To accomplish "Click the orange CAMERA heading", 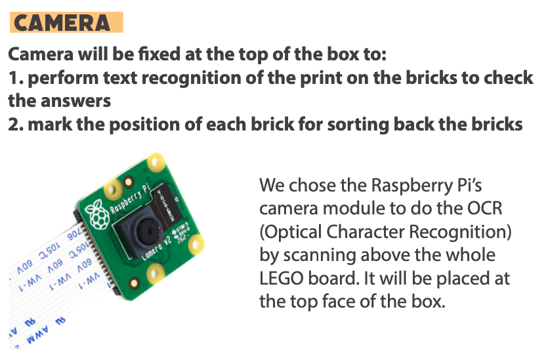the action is coord(66,22).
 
